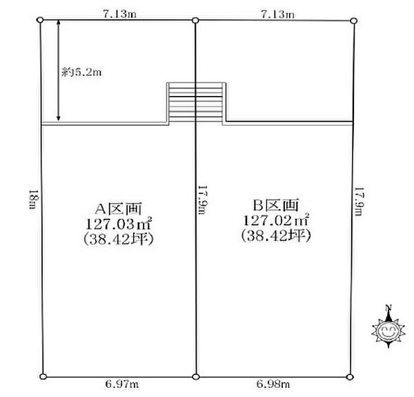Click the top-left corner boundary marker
pos(40,20)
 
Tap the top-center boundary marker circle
pos(195,20)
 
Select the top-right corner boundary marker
pos(353,21)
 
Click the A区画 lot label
pos(119,209)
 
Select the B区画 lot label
pos(276,204)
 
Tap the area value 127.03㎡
pos(119,224)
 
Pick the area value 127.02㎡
pos(276,220)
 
